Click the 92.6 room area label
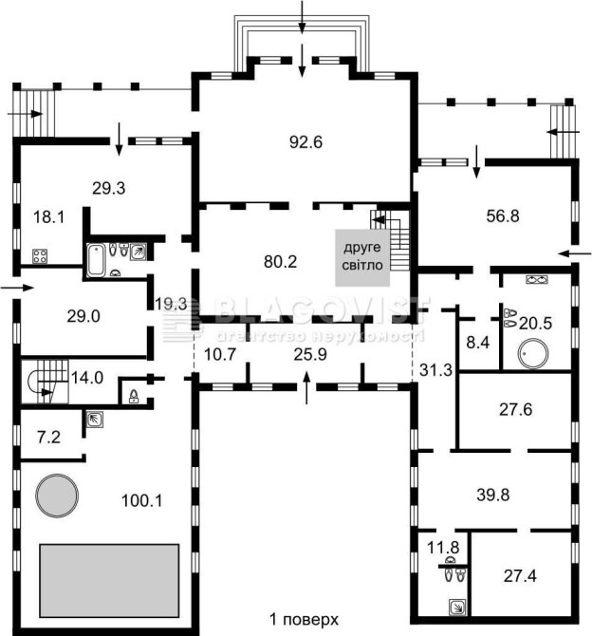(x=305, y=142)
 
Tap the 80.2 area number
(x=280, y=262)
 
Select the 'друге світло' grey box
(x=362, y=257)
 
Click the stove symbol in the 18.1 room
(x=40, y=256)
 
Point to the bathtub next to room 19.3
(x=96, y=259)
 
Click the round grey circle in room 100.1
(x=57, y=496)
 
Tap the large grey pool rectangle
(x=109, y=580)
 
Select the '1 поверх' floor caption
(x=304, y=619)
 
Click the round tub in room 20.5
(x=534, y=354)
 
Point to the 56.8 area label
(x=503, y=216)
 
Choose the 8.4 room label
(x=477, y=343)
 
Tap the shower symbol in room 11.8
(x=457, y=608)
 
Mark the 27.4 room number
(x=520, y=575)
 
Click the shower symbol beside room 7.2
(x=95, y=420)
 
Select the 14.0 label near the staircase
(x=87, y=378)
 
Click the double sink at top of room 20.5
(x=537, y=279)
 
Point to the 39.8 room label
(x=493, y=495)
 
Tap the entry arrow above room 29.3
(x=119, y=139)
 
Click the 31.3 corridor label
(x=435, y=370)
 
